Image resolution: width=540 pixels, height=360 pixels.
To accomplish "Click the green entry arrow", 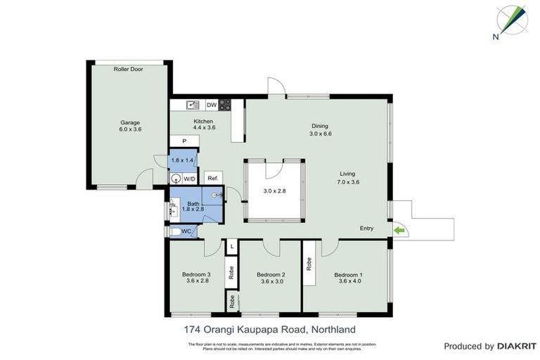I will (x=399, y=229).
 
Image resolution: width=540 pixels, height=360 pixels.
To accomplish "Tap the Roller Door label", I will (x=128, y=70).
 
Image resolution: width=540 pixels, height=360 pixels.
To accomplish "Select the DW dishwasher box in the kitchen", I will (x=211, y=105).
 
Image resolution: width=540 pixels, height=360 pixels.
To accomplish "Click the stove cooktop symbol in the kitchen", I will (x=226, y=105).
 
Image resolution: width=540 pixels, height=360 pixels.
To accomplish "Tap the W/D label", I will (x=189, y=179).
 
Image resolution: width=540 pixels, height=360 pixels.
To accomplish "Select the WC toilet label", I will (x=186, y=231).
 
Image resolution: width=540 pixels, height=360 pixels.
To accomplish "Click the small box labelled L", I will (x=231, y=247).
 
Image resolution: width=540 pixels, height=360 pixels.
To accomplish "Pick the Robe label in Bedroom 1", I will (x=309, y=264).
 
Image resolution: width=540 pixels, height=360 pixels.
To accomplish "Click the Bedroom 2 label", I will (x=271, y=274).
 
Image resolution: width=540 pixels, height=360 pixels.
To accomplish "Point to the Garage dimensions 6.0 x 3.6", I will (x=130, y=129).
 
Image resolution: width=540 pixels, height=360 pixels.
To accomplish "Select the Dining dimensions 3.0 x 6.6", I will (x=320, y=134).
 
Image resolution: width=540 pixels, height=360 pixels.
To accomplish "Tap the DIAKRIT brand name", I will (x=517, y=346).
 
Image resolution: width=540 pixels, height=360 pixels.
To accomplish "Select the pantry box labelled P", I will (x=184, y=141).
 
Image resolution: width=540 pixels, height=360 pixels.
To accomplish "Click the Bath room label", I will (x=193, y=204).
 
